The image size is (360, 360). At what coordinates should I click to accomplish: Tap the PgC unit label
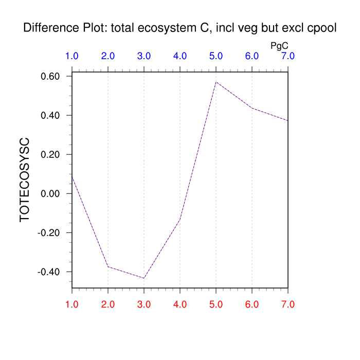(279, 46)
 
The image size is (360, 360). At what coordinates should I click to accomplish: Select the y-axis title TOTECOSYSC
(25, 179)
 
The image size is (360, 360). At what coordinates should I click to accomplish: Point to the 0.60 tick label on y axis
(51, 76)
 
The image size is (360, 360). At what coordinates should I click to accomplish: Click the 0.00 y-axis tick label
(51, 193)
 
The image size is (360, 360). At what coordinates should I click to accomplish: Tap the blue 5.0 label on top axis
(216, 56)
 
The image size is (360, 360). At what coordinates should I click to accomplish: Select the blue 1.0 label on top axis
(72, 56)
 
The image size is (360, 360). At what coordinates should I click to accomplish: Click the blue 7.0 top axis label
(288, 56)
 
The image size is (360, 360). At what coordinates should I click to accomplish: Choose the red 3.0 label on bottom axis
(144, 304)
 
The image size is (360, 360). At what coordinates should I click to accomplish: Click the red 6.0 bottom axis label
(252, 304)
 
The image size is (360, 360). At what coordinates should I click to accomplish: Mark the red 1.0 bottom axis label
(72, 304)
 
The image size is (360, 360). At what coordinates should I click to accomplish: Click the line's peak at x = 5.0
(216, 82)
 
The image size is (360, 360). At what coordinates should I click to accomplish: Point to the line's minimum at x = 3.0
(144, 278)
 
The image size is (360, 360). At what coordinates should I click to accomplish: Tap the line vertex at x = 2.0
(108, 266)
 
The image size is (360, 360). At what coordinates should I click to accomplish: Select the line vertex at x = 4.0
(180, 220)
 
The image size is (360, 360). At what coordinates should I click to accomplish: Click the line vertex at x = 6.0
(252, 108)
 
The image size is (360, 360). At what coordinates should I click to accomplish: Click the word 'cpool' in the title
(322, 28)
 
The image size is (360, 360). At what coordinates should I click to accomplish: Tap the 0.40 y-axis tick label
(51, 115)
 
